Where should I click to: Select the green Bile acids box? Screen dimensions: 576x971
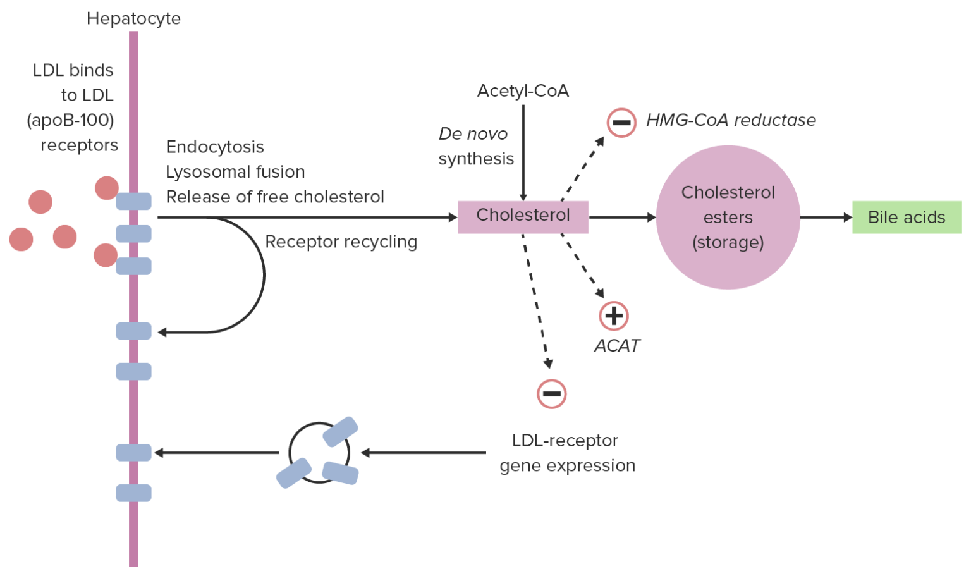click(x=906, y=218)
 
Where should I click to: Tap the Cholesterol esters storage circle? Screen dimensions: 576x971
click(x=728, y=218)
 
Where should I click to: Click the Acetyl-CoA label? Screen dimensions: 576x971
click(x=523, y=91)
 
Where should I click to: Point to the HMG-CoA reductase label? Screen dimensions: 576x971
click(x=730, y=120)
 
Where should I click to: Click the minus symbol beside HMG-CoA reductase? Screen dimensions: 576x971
click(x=621, y=123)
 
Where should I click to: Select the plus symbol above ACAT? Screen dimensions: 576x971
click(x=613, y=316)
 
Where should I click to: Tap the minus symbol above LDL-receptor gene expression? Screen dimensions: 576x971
click(x=551, y=394)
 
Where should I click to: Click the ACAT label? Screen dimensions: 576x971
click(x=616, y=346)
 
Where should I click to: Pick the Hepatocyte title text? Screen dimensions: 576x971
click(x=133, y=19)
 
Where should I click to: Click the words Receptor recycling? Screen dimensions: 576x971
click(x=341, y=242)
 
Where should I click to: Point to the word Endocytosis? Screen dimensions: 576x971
click(x=215, y=147)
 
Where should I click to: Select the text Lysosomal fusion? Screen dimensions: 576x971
click(x=235, y=172)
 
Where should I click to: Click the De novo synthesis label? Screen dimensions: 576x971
click(x=475, y=147)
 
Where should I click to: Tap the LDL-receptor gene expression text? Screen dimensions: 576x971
click(x=566, y=453)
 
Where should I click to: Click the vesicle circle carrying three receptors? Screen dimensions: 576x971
click(x=319, y=453)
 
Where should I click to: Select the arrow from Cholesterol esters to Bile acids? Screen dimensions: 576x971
click(x=826, y=218)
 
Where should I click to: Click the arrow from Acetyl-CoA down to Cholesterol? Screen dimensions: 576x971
click(x=523, y=152)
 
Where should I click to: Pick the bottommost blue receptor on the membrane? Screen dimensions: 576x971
click(x=133, y=493)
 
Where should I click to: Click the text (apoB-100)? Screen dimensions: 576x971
click(x=70, y=120)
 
